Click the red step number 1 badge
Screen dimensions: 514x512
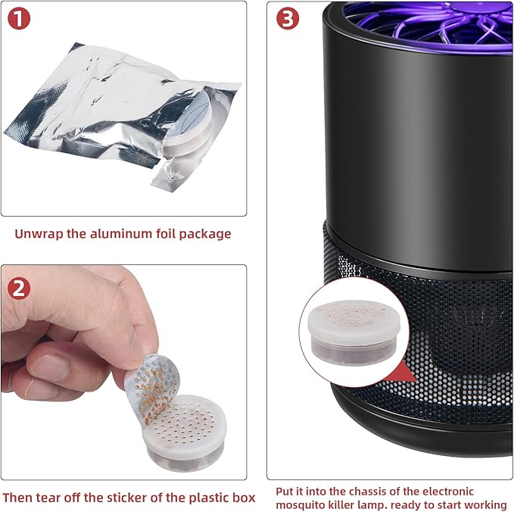click(x=19, y=18)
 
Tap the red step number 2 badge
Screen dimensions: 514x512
click(x=19, y=289)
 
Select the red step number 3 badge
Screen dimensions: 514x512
click(x=288, y=18)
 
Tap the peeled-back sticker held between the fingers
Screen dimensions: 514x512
click(x=153, y=388)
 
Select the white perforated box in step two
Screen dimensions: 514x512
click(x=185, y=433)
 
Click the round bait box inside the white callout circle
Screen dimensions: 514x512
click(x=354, y=332)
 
